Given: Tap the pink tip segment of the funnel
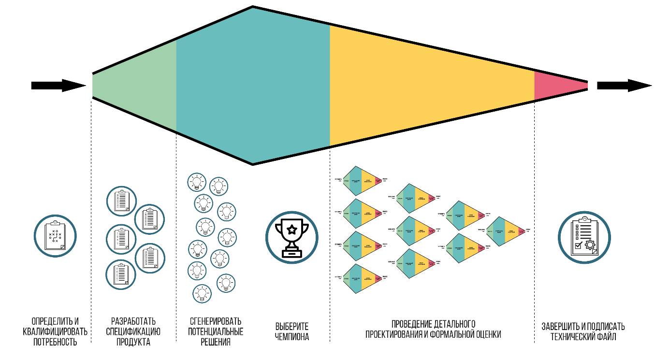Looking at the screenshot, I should [x=556, y=86].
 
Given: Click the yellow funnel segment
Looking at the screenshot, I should [x=425, y=86].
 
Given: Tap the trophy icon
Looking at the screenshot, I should [x=291, y=238].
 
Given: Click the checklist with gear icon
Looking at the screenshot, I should [x=584, y=238].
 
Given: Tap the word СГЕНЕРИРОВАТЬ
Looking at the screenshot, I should [x=216, y=321].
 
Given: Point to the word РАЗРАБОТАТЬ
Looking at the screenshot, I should [x=133, y=321].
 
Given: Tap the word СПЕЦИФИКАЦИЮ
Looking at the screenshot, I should [x=133, y=332].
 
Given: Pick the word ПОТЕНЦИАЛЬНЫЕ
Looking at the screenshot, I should [x=216, y=332].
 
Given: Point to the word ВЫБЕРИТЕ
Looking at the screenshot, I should [x=291, y=327].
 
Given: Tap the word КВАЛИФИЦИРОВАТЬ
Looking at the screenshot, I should [x=55, y=332].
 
